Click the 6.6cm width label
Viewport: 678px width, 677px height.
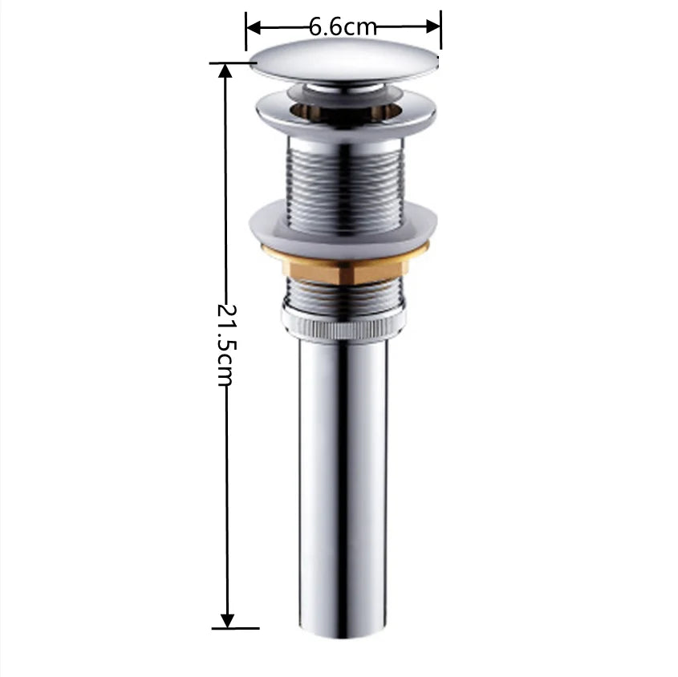click(343, 26)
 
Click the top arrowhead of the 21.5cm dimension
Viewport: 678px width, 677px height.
click(226, 71)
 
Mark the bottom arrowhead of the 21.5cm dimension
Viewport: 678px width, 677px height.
click(227, 620)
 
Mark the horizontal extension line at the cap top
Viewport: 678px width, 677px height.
click(233, 63)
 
